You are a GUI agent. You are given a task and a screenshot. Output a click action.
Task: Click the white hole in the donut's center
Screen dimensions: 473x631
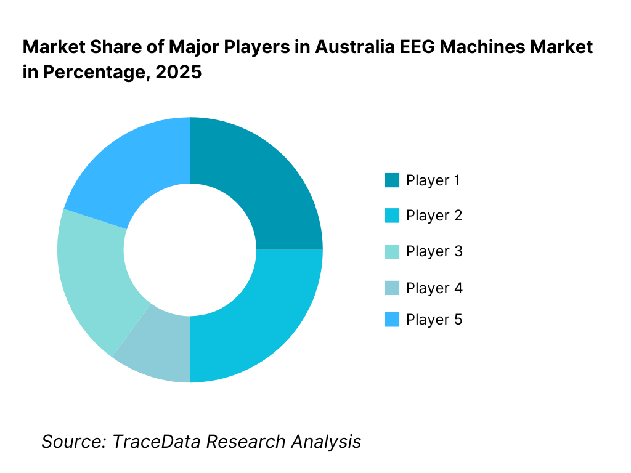(190, 249)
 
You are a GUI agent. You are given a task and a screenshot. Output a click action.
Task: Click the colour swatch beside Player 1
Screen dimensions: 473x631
(392, 180)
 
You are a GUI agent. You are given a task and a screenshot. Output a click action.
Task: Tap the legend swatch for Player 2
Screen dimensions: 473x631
(392, 216)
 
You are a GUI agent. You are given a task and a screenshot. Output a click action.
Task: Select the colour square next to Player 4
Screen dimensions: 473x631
(392, 288)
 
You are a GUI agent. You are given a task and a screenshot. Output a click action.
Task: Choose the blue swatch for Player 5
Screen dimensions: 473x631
(392, 320)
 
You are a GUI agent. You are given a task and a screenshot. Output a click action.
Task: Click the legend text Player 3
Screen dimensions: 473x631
(434, 251)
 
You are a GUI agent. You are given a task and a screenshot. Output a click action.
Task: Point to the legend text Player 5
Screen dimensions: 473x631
(434, 320)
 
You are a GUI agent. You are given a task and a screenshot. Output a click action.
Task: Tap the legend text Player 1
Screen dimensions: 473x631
(434, 180)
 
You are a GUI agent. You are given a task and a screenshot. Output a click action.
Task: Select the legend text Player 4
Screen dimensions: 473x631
(434, 288)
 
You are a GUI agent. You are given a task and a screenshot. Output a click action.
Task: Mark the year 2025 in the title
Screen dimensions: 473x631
(178, 72)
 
